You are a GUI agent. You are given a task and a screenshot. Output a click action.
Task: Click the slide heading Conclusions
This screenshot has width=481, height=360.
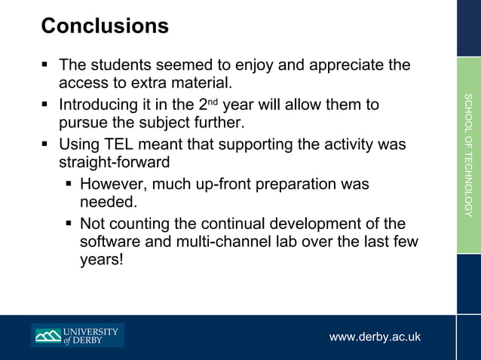[105, 26]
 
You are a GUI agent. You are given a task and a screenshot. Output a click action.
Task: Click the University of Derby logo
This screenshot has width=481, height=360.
[78, 335]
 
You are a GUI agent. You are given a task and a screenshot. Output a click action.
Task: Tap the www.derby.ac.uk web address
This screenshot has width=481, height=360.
[375, 337]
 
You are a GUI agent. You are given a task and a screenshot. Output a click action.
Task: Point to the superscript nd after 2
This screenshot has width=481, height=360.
[214, 102]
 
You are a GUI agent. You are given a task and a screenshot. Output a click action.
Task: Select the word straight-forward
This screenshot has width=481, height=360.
[114, 162]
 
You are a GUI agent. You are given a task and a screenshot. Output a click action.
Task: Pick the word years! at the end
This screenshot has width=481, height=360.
[101, 261]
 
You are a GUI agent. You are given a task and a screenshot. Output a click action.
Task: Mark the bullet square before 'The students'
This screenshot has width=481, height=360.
[46, 66]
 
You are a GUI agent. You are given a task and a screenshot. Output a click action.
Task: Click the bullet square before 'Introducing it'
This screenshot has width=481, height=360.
[46, 105]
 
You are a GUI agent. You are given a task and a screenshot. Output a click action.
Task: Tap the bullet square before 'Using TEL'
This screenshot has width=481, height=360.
[46, 144]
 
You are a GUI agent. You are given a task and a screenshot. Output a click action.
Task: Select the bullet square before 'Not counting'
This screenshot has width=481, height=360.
[68, 224]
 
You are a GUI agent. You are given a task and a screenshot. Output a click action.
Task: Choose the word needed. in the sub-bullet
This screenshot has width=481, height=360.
[109, 203]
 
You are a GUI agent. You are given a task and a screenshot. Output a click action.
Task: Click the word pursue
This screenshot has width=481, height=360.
[83, 123]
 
